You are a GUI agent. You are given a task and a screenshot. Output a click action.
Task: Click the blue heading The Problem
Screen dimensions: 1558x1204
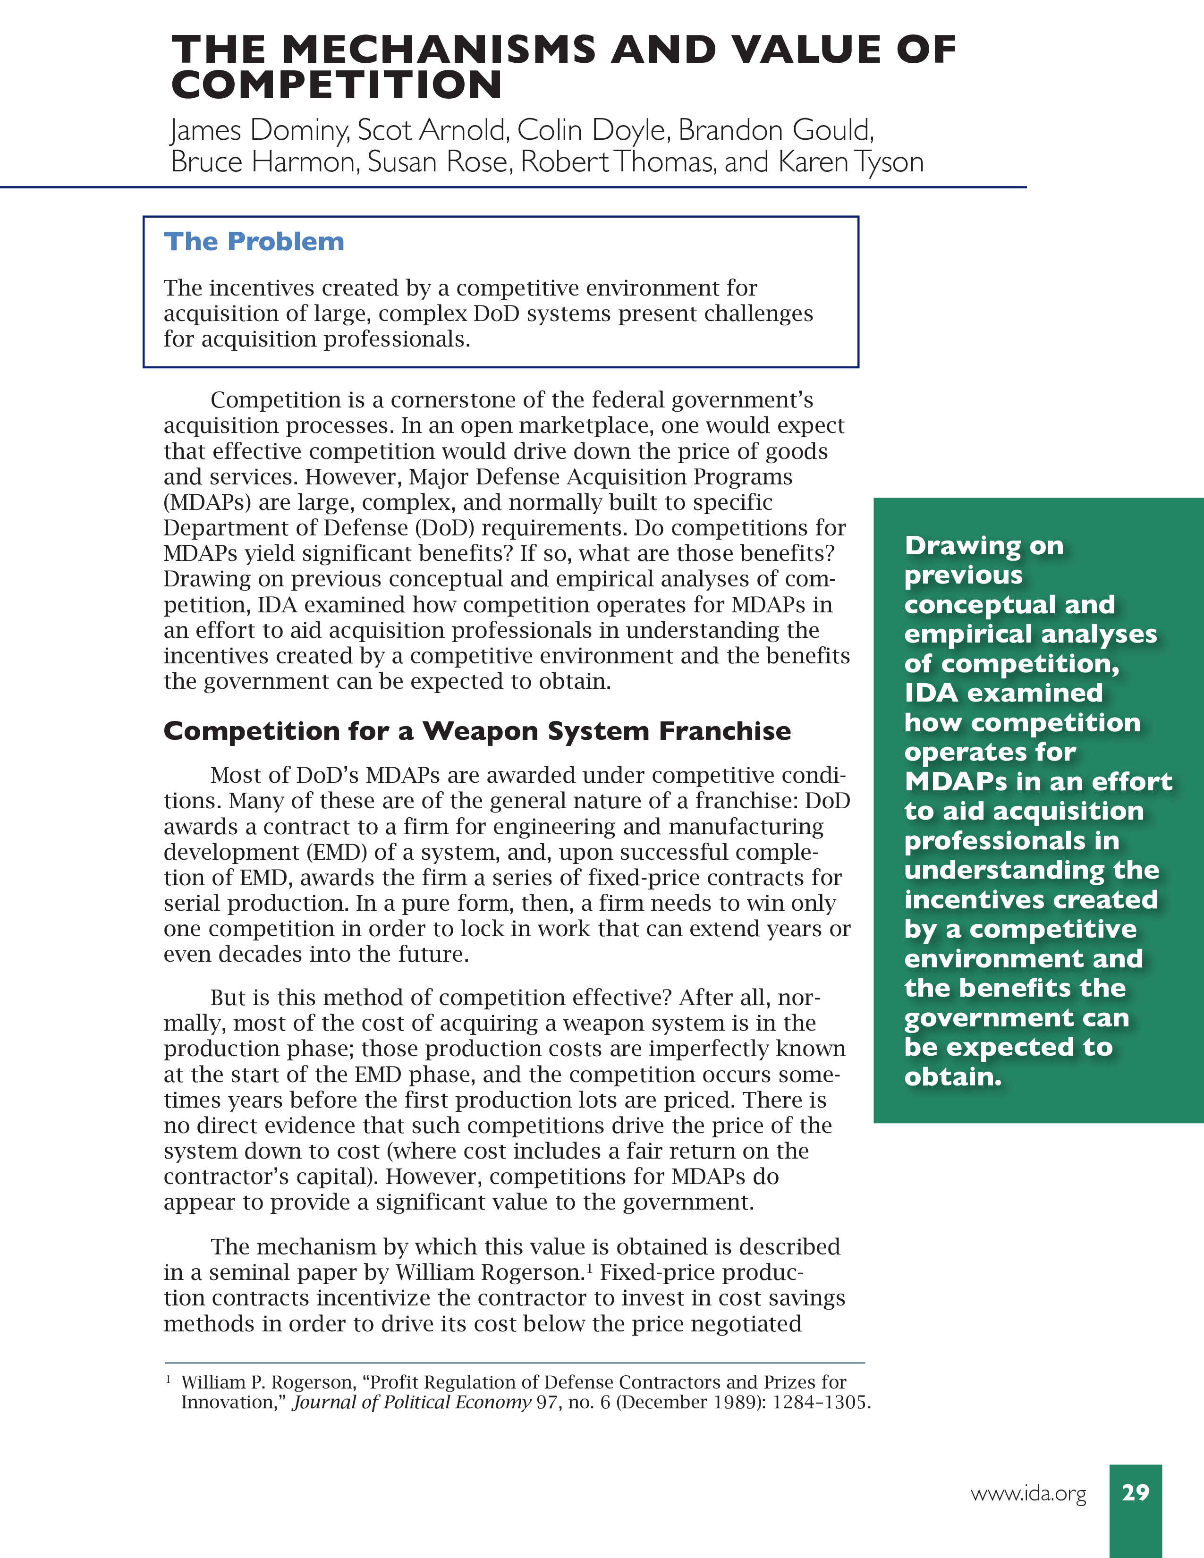tap(254, 242)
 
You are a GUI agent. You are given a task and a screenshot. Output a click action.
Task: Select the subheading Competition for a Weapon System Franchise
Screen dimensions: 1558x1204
tap(476, 731)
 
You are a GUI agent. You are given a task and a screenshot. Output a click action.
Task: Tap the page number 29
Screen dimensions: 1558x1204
tap(1136, 1492)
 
